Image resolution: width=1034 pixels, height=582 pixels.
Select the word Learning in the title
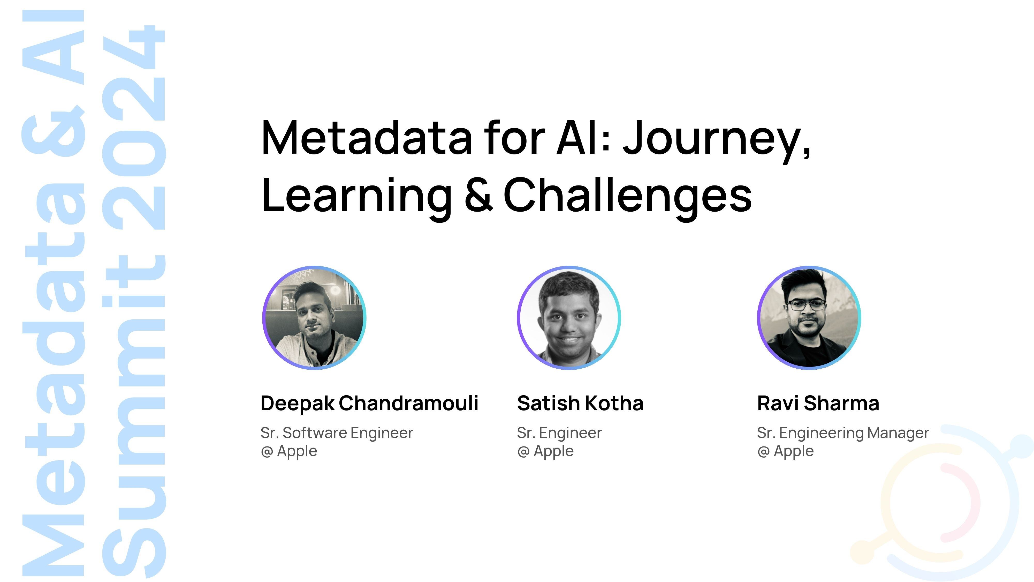coord(357,196)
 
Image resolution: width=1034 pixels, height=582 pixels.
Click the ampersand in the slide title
coord(478,196)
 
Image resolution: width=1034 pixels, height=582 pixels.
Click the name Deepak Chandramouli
coord(369,403)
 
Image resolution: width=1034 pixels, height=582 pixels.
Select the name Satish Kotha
coord(580,403)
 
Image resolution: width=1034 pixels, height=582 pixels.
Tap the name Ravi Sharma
coord(818,403)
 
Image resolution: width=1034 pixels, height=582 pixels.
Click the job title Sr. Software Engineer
coord(336,433)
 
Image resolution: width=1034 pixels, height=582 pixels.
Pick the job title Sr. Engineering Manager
coord(843,433)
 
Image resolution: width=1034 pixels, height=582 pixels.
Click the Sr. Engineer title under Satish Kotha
coord(559,433)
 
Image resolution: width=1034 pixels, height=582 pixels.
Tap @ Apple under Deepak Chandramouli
coord(289,451)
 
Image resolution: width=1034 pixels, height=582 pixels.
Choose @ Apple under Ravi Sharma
coord(786,451)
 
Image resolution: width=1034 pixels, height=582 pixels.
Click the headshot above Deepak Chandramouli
coord(314,317)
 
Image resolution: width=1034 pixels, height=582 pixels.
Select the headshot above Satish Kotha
coord(569,317)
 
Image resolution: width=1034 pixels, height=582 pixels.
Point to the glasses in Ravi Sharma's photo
coord(806,305)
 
